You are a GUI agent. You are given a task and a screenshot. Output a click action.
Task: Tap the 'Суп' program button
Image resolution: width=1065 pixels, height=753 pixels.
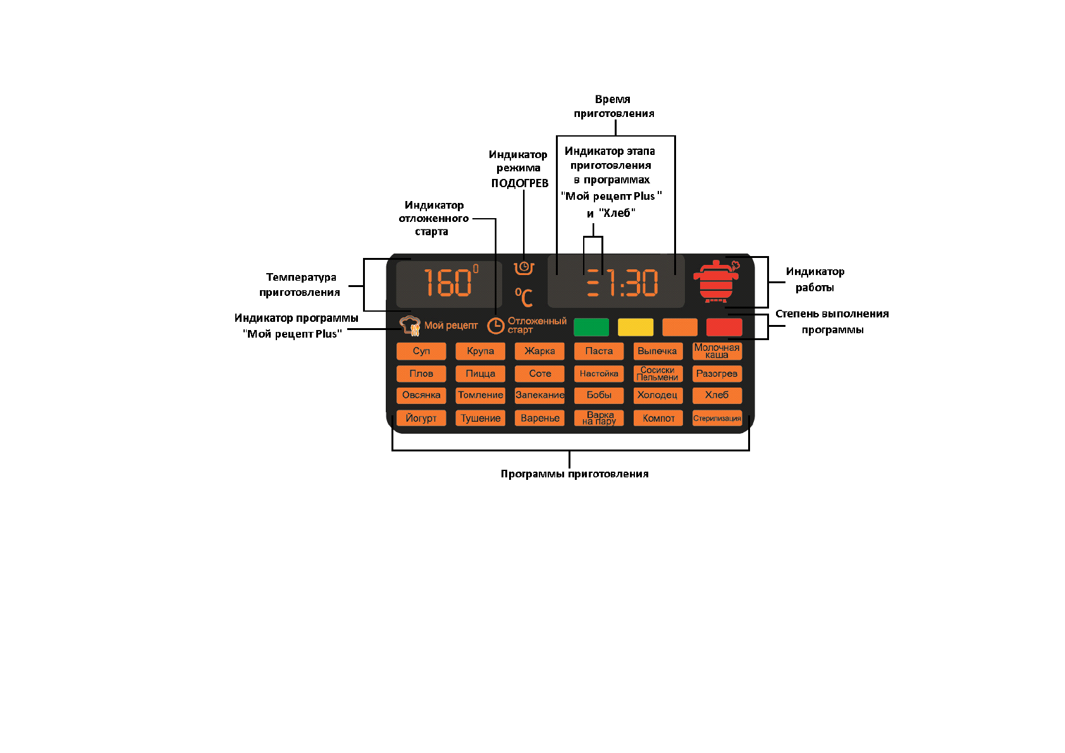[x=421, y=351]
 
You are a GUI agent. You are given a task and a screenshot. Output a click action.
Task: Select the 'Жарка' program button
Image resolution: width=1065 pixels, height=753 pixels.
[x=539, y=351]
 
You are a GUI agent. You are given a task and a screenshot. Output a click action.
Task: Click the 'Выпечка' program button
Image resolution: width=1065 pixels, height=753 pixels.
[x=658, y=351]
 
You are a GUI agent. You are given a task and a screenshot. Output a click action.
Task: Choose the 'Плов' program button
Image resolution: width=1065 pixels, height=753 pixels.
[x=421, y=374]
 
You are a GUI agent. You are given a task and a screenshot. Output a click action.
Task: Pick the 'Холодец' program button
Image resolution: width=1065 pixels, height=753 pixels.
[x=658, y=395]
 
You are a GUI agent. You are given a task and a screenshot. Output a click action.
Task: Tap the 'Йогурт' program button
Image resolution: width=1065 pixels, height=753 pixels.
[x=421, y=418]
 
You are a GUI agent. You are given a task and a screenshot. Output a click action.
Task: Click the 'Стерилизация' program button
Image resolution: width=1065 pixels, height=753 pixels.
[x=717, y=418]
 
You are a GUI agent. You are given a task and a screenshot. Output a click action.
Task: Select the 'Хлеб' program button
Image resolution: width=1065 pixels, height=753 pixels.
[x=717, y=395]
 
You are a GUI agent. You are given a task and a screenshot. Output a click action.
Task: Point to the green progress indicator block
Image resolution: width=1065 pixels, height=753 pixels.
[x=591, y=327]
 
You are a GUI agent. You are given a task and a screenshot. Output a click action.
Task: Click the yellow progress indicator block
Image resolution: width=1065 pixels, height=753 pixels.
[x=636, y=327]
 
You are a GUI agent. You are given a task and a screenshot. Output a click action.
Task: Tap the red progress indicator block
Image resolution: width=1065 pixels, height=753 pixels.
[x=724, y=327]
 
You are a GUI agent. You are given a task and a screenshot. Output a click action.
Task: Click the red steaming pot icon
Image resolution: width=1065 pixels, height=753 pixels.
[x=717, y=281]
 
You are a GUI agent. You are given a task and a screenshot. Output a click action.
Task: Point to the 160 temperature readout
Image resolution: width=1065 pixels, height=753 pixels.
[x=448, y=283]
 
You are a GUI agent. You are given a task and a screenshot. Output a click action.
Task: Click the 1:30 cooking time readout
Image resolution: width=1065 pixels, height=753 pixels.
[x=632, y=283]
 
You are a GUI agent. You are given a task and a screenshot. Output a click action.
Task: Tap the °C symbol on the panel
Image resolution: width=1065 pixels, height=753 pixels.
[x=524, y=297]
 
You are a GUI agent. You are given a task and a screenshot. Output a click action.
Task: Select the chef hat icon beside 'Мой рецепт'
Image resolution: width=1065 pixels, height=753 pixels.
[x=410, y=325]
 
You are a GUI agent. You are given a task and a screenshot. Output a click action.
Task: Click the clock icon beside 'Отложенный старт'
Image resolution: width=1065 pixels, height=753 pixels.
[x=496, y=326]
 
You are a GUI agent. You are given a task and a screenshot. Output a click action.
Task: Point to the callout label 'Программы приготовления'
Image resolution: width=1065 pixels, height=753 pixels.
[x=574, y=474]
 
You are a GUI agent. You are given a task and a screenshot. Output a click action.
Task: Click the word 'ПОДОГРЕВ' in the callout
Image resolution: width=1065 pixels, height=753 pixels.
[x=520, y=183]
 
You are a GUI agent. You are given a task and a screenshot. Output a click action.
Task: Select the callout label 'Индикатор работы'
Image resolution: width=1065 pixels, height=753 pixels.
[x=815, y=279]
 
